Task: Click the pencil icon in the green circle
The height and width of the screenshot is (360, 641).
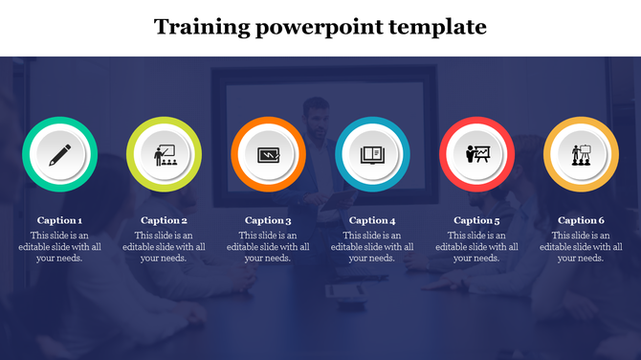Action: pyautogui.click(x=59, y=154)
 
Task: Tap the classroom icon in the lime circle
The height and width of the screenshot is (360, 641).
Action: pyautogui.click(x=164, y=154)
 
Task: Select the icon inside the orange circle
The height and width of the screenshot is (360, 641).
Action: pyautogui.click(x=268, y=154)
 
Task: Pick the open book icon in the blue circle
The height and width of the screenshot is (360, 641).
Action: pyautogui.click(x=372, y=154)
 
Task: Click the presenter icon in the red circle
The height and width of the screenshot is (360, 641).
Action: pyautogui.click(x=476, y=154)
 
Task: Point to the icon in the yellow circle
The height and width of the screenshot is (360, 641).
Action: pyautogui.click(x=581, y=154)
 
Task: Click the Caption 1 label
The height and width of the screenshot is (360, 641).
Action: pyautogui.click(x=59, y=220)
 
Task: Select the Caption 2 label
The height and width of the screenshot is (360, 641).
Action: pyautogui.click(x=164, y=220)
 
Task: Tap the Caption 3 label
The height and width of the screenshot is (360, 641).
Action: pyautogui.click(x=268, y=220)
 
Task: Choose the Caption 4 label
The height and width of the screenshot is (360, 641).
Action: pyautogui.click(x=372, y=220)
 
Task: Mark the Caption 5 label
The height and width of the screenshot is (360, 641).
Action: pyautogui.click(x=476, y=220)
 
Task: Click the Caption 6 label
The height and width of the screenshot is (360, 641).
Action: pyautogui.click(x=581, y=220)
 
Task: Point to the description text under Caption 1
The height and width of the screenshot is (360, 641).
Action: pyautogui.click(x=59, y=246)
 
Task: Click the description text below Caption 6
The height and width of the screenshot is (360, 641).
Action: pyautogui.click(x=581, y=246)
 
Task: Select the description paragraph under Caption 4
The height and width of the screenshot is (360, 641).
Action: pyautogui.click(x=372, y=246)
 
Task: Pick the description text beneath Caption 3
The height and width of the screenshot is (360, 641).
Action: pyautogui.click(x=268, y=246)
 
